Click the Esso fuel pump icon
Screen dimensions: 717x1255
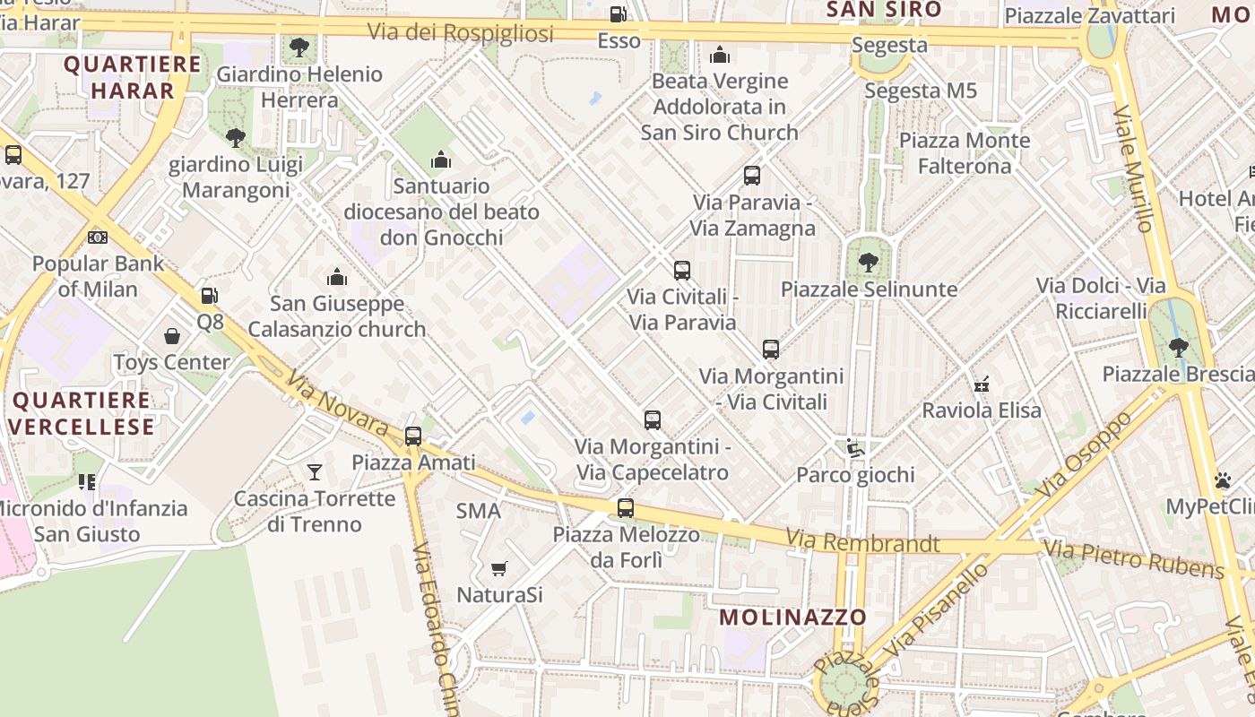coord(618,14)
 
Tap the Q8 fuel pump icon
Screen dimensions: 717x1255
coord(209,295)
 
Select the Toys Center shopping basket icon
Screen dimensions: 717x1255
coord(172,336)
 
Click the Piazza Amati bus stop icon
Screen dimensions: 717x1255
coord(412,436)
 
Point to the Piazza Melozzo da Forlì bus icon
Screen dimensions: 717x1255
coord(626,508)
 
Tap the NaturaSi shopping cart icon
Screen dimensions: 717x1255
coord(499,568)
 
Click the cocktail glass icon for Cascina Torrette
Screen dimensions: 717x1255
coord(314,471)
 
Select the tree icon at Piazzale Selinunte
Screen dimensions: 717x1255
coord(868,263)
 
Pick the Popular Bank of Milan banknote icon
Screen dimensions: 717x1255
coord(98,238)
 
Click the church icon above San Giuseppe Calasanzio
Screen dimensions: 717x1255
coord(337,277)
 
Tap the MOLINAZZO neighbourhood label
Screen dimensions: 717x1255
coord(793,617)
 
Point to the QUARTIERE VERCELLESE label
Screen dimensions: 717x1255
coord(83,413)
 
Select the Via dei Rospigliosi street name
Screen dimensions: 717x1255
coord(460,32)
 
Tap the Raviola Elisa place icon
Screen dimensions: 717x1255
coord(982,384)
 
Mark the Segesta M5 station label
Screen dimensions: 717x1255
coord(921,91)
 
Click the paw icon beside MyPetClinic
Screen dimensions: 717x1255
coord(1223,480)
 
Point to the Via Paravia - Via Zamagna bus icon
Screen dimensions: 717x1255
coord(752,176)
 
